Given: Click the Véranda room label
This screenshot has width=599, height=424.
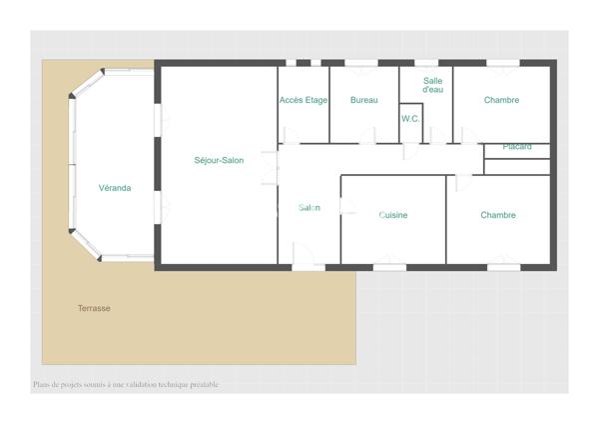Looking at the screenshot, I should coord(114,188).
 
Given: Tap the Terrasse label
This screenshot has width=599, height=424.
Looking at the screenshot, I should coord(94,308).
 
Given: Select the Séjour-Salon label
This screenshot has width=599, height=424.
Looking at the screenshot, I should coord(219,160).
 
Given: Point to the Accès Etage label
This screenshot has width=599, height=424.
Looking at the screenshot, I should coord(303,100).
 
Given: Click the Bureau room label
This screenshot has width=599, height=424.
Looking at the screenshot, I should coord(364,100).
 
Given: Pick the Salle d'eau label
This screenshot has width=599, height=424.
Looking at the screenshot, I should coord(432,85).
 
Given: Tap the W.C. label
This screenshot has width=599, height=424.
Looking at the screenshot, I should coord(410,119).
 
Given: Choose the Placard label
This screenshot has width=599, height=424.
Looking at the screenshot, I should coord(517,147).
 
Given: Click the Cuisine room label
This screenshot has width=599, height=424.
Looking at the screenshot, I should coord(393,215).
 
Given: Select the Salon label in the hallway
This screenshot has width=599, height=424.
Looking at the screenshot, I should coord(309,207).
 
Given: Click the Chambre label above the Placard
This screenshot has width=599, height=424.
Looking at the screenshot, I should coord(501,100).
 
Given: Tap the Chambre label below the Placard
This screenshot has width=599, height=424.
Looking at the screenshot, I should coord(497,215).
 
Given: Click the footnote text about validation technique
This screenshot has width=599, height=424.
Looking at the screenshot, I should coord(125,384).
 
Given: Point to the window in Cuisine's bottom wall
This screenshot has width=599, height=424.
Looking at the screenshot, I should coord(389,267).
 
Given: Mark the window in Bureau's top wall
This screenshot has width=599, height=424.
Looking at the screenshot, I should coord(360,63).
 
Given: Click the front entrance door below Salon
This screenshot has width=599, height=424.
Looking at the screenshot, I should coord(308,266).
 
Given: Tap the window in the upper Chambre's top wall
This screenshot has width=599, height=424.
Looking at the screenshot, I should coord(502,63).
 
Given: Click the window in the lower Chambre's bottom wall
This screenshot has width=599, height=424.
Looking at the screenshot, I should coord(503,267).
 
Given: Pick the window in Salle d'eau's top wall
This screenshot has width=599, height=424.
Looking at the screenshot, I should coord(426,63).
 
